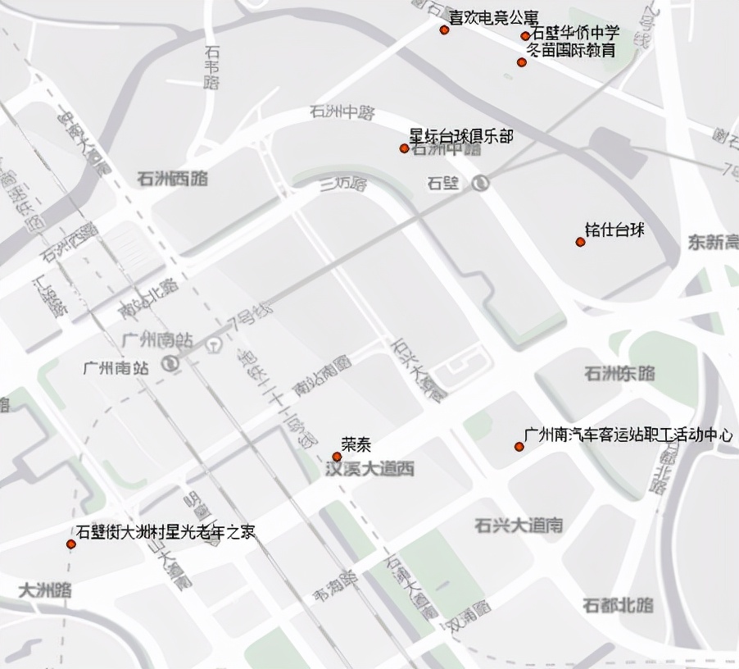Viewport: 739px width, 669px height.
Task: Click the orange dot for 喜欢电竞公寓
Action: point(444,30)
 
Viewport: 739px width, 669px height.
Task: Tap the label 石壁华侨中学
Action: point(575,34)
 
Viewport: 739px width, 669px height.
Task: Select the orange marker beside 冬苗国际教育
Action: point(522,62)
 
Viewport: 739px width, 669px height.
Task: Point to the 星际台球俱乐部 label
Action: point(461,136)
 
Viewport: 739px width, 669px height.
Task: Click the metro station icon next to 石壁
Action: point(482,183)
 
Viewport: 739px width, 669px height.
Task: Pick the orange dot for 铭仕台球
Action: point(580,242)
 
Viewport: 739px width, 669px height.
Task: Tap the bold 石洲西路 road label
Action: point(173,179)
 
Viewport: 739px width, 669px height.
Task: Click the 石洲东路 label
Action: point(619,374)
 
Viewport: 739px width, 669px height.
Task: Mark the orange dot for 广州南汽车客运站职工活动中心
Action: point(519,447)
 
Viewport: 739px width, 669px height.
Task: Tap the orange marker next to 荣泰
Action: point(336,457)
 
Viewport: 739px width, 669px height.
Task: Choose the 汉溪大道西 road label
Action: point(369,470)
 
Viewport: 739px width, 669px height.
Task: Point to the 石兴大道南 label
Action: point(519,526)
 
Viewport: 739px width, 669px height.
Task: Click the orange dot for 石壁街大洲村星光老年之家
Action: point(71,544)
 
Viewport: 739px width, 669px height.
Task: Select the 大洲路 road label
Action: point(44,590)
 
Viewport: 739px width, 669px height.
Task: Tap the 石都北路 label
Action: point(618,606)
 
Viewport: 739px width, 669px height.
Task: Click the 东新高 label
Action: point(713,243)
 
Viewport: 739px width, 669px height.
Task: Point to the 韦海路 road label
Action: point(335,588)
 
